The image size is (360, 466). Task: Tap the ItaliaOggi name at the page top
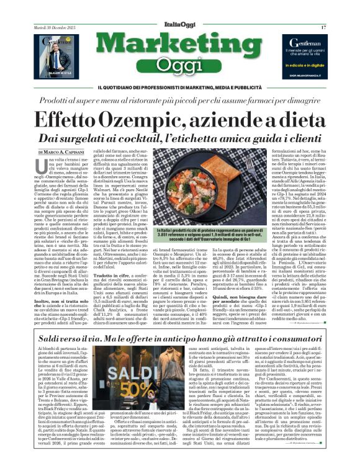tap(179, 23)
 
